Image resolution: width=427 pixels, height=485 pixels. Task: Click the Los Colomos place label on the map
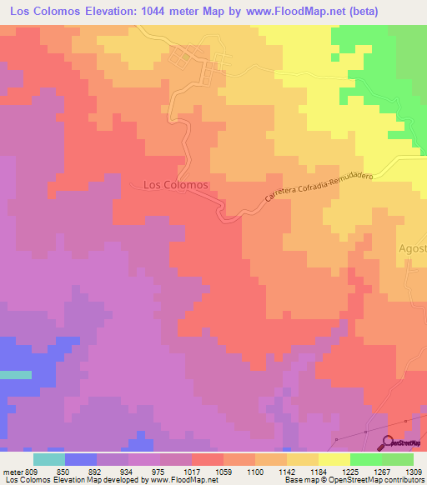(x=175, y=184)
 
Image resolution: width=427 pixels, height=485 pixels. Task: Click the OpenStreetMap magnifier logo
(x=388, y=442)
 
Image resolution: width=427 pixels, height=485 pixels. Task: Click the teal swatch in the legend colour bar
(x=49, y=459)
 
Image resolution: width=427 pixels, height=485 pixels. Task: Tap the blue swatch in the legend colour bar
(x=81, y=459)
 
